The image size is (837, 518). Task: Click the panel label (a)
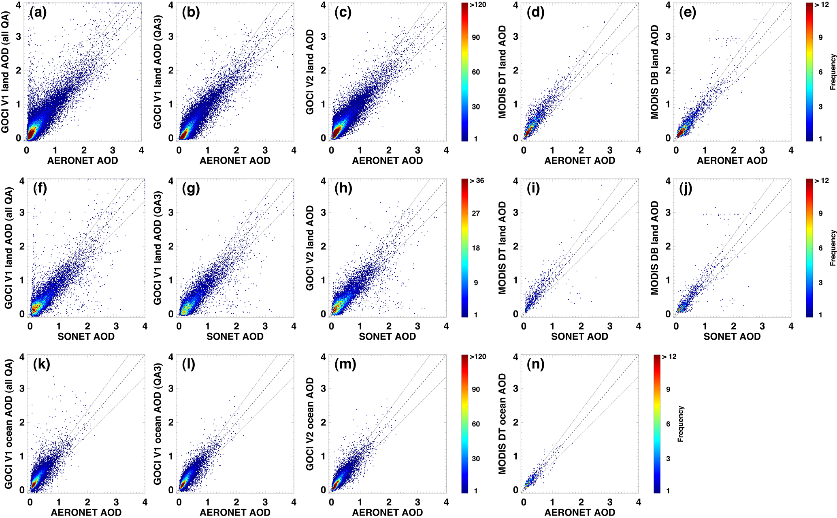(38, 13)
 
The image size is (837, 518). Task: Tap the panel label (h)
(343, 188)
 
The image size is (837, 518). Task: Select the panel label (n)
(536, 364)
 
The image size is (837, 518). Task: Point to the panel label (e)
(688, 13)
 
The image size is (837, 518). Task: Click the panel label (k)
(41, 364)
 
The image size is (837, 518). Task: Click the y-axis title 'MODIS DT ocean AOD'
(503, 424)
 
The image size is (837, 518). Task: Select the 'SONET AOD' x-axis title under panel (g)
(235, 336)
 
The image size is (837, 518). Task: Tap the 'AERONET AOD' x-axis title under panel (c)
(387, 161)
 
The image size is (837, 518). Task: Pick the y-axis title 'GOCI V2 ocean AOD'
(310, 424)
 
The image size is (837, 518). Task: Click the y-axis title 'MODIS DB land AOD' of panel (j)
(655, 248)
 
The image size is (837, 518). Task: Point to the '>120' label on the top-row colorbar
(478, 5)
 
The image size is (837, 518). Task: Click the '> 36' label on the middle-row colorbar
(477, 181)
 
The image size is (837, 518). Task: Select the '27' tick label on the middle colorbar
(476, 213)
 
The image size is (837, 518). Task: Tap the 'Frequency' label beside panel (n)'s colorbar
(681, 424)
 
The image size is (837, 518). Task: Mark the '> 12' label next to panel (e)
(822, 5)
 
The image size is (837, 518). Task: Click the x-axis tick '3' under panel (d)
(610, 150)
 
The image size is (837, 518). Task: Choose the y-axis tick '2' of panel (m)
(324, 422)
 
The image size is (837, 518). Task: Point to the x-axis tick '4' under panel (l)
(294, 502)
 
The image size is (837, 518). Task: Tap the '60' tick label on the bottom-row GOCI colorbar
(476, 424)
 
